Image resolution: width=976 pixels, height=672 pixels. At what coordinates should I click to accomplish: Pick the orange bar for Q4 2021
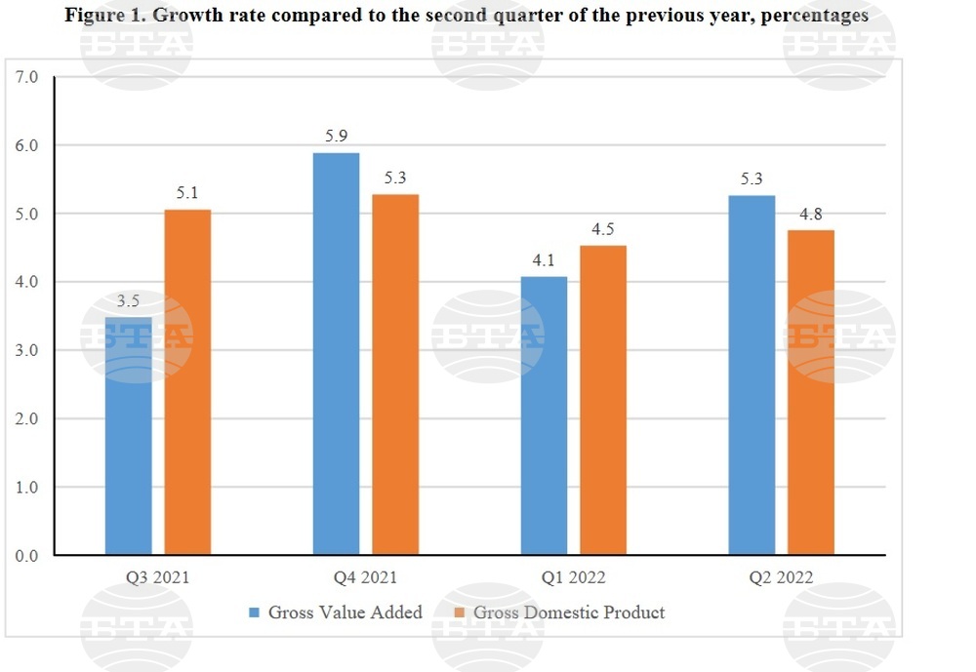coord(395,375)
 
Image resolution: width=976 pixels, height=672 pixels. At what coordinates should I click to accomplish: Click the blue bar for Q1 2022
coord(544,415)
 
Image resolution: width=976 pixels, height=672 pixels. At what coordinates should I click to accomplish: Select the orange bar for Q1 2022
coord(603,400)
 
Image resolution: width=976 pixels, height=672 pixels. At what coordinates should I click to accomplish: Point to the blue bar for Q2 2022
coord(752,375)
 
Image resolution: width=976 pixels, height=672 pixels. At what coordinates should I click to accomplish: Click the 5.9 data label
coord(337,137)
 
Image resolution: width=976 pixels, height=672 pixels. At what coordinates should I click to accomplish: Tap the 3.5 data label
coord(129,301)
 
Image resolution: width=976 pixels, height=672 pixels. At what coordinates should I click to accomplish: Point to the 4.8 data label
coord(811,215)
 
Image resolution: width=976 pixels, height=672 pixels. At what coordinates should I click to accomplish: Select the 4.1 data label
coord(544,260)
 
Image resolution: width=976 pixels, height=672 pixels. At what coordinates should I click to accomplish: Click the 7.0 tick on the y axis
coord(26,77)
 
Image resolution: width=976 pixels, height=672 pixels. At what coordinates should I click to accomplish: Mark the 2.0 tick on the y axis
coord(26,419)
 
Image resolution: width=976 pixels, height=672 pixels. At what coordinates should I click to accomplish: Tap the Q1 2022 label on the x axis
coord(574,577)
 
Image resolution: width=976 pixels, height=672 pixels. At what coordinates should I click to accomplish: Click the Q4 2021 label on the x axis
coord(365,577)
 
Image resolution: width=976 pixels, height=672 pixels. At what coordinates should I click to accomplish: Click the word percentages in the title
coord(814,16)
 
